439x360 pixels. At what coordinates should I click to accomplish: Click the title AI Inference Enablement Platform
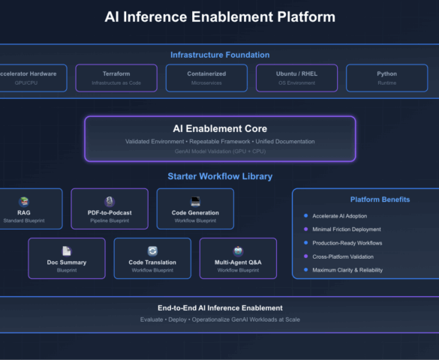(220, 16)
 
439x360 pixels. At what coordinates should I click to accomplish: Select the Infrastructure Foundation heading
(220, 55)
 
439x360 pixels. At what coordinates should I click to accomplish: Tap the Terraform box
(116, 78)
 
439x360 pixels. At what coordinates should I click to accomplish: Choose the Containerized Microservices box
(206, 78)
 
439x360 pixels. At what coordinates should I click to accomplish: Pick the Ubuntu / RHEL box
(296, 78)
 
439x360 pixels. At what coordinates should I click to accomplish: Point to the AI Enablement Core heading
(220, 129)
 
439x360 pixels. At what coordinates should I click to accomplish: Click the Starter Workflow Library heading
(220, 176)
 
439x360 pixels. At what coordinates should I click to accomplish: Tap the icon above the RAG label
(24, 201)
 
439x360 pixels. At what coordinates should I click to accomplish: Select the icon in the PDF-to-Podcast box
(110, 201)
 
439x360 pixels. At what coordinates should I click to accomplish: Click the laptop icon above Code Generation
(195, 201)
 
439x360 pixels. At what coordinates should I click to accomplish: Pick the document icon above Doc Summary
(67, 251)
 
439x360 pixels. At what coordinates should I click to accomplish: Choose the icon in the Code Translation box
(152, 251)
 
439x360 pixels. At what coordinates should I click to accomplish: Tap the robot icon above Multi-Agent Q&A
(238, 251)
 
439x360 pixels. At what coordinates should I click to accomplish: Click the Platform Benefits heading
(380, 199)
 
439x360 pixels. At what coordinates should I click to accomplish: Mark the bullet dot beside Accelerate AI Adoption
(305, 216)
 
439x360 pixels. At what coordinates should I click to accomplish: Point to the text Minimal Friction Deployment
(347, 229)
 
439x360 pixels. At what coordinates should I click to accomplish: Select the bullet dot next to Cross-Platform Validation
(305, 256)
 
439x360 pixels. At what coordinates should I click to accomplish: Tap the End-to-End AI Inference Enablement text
(220, 307)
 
